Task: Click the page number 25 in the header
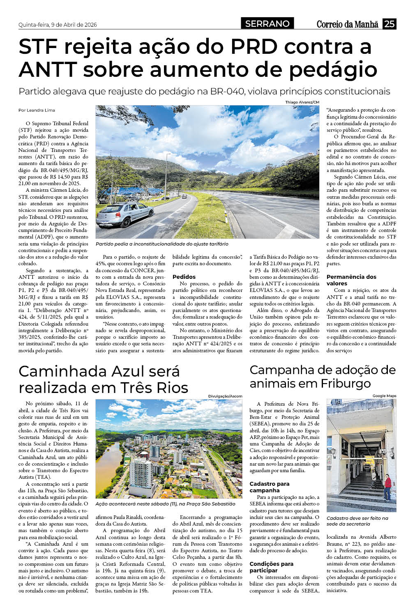389,24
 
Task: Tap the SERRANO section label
267,24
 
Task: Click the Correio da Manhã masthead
347,24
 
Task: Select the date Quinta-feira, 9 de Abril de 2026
58,25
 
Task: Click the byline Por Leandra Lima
37,110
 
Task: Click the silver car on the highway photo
124,214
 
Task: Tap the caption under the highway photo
162,244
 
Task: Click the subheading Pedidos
184,277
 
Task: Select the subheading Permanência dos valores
351,280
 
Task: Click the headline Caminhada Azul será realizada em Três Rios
104,379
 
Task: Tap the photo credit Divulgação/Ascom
225,396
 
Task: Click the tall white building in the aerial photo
140,476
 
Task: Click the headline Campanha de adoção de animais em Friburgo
323,377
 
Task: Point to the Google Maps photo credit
384,396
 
